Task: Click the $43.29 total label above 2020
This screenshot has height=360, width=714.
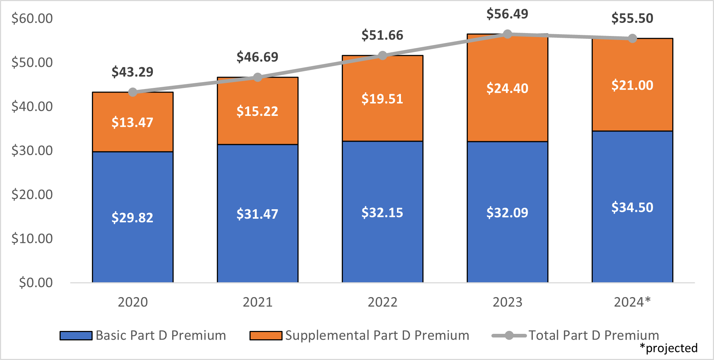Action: (132, 72)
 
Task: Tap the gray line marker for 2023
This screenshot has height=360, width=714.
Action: (507, 34)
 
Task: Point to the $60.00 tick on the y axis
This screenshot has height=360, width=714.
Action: (32, 19)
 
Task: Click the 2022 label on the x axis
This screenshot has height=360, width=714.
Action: (382, 302)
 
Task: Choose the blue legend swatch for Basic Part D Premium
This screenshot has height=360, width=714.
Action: (76, 335)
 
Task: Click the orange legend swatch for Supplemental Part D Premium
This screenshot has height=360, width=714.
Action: (266, 335)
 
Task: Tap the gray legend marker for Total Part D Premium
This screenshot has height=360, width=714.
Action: (509, 335)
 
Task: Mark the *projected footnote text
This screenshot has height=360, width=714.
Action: (669, 348)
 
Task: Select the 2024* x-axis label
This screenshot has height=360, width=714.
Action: (632, 302)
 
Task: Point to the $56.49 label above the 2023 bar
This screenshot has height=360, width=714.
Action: (507, 14)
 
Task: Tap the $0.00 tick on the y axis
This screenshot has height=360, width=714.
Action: (36, 283)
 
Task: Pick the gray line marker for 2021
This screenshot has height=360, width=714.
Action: (257, 77)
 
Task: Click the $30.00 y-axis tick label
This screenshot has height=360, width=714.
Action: (32, 150)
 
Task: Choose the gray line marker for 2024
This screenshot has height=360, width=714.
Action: (632, 39)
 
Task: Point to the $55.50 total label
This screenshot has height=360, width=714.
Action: (632, 18)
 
